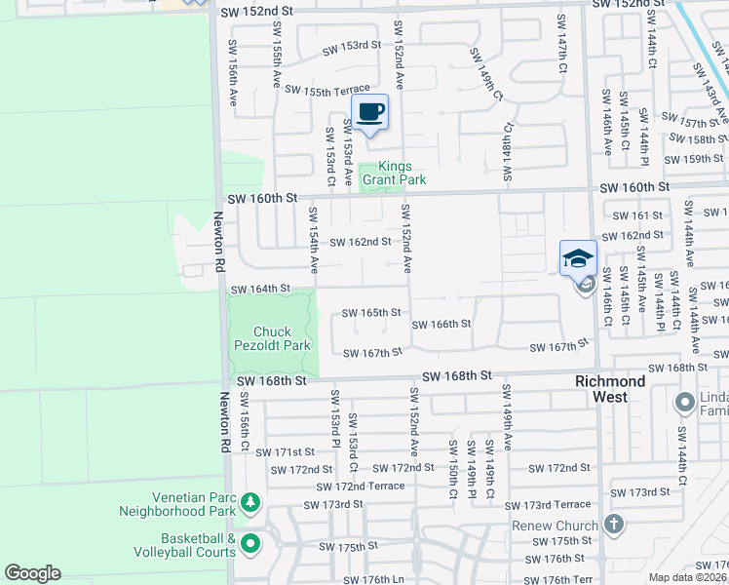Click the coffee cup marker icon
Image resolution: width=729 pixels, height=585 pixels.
click(x=369, y=112)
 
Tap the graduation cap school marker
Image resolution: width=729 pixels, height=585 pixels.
click(x=578, y=258)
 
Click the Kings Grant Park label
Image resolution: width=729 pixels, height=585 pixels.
click(x=395, y=173)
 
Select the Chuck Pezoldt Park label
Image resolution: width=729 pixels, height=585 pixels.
click(x=272, y=338)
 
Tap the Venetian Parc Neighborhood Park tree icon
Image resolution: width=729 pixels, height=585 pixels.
click(x=251, y=503)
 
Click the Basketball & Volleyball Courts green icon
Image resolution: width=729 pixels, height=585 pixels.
click(x=251, y=544)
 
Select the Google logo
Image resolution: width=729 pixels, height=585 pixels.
click(x=32, y=573)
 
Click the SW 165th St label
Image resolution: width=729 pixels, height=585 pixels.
click(x=371, y=313)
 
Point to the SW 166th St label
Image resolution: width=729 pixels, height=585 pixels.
click(x=441, y=324)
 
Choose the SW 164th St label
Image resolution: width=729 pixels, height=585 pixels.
click(x=260, y=289)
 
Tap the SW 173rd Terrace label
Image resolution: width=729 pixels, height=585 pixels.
click(x=548, y=504)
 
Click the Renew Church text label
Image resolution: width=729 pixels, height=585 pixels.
click(x=555, y=526)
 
